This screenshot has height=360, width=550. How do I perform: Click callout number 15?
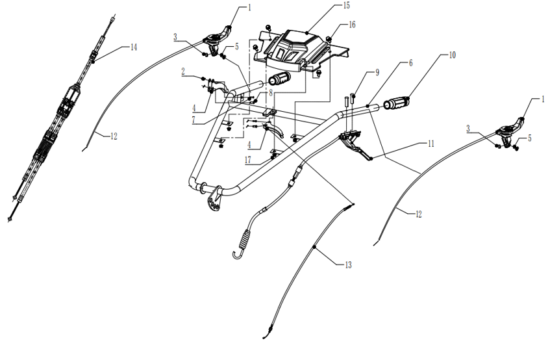click(346, 6)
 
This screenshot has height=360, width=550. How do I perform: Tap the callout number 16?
click(351, 25)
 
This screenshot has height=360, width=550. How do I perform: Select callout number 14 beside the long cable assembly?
click(134, 47)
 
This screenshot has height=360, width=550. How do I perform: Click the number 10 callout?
click(452, 56)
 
